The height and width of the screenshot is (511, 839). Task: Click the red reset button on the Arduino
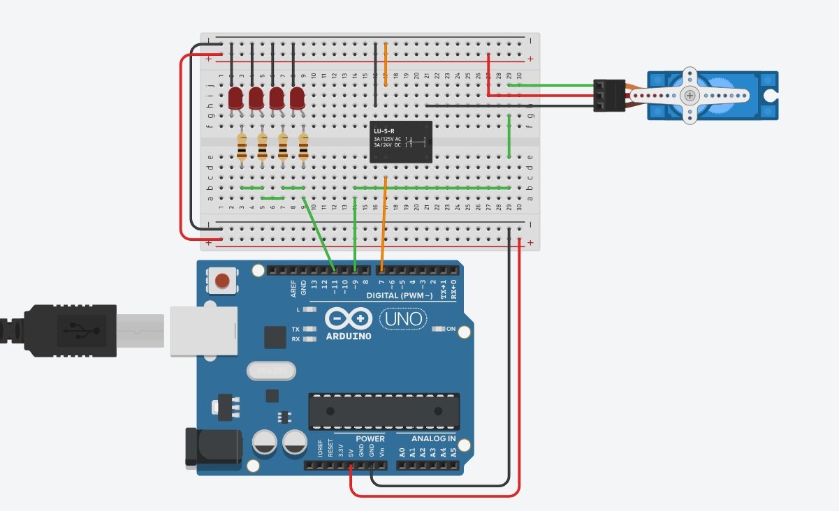click(x=222, y=281)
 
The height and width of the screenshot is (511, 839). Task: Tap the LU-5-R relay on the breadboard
click(x=401, y=142)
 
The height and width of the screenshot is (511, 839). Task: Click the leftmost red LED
click(x=235, y=98)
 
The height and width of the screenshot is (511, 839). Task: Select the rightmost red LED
click(x=298, y=98)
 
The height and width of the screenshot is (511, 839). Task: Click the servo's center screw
click(x=690, y=95)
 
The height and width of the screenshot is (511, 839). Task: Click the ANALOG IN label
click(x=433, y=439)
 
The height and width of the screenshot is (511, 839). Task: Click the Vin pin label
click(x=382, y=452)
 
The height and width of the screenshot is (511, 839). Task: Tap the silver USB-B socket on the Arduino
click(x=203, y=330)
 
